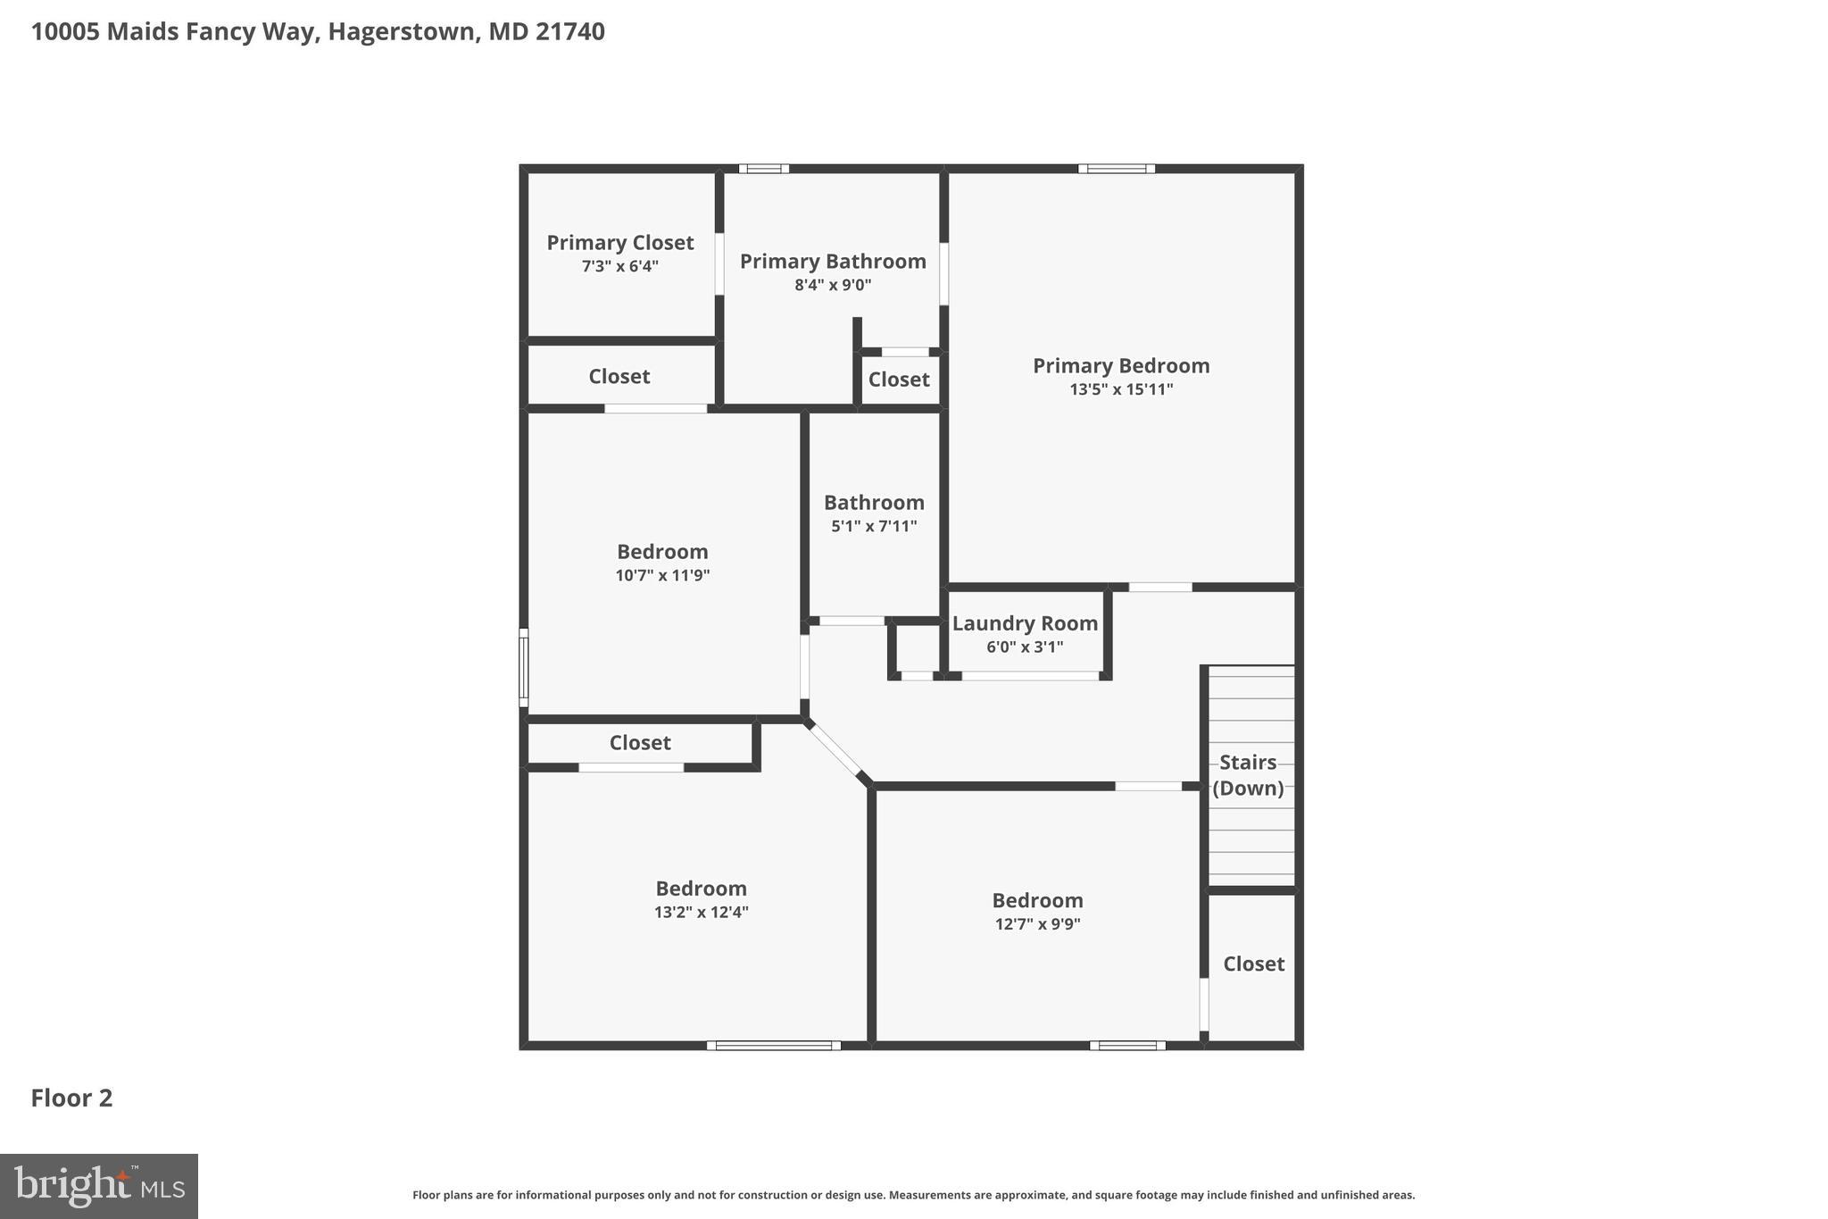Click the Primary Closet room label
pyautogui.click(x=619, y=243)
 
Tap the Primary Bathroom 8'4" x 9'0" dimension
pyautogui.click(x=833, y=286)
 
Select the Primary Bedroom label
pyautogui.click(x=1121, y=365)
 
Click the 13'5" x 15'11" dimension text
pyautogui.click(x=1121, y=389)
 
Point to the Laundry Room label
pyautogui.click(x=1025, y=623)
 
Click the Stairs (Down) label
pyautogui.click(x=1248, y=775)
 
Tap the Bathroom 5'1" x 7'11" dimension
pyautogui.click(x=874, y=527)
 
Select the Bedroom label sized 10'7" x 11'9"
pyautogui.click(x=662, y=552)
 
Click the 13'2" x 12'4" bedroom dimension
pyautogui.click(x=701, y=913)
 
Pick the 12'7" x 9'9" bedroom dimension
pyautogui.click(x=1037, y=924)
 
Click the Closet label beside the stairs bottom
pyautogui.click(x=1253, y=964)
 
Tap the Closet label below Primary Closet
pyautogui.click(x=619, y=377)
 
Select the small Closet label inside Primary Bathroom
pyautogui.click(x=899, y=380)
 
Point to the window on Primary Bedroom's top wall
pyautogui.click(x=1116, y=169)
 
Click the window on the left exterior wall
pyautogui.click(x=524, y=668)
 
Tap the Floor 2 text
pyautogui.click(x=71, y=1098)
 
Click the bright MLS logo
pyautogui.click(x=99, y=1186)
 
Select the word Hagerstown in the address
pyautogui.click(x=400, y=32)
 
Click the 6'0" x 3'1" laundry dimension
pyautogui.click(x=1025, y=647)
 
